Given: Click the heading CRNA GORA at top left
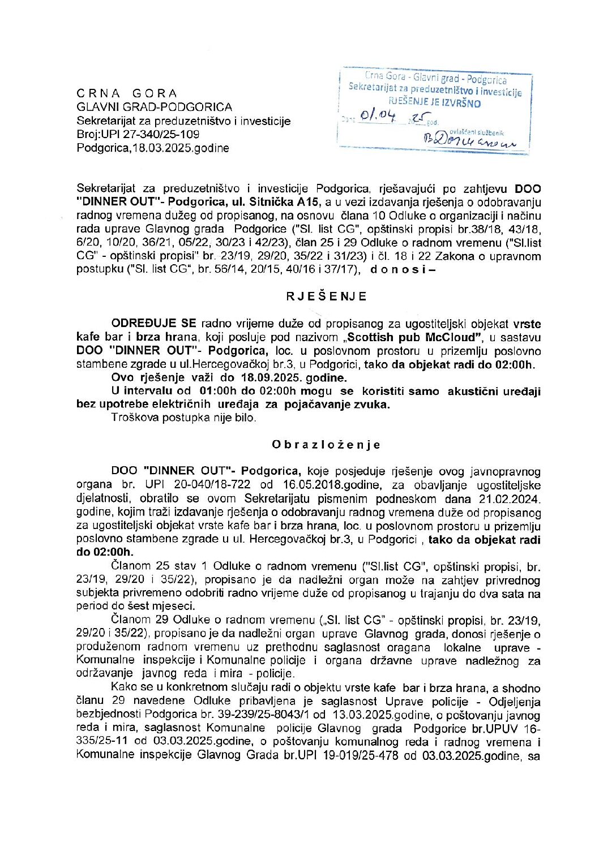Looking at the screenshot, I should pos(127,93).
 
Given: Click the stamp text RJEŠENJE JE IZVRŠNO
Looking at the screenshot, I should pos(435,103).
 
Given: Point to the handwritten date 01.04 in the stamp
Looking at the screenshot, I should pos(380,118).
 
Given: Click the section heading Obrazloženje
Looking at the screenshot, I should pos(326,445).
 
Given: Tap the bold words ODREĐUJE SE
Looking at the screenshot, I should pos(153,324).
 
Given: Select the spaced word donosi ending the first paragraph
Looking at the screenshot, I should pos(402,270).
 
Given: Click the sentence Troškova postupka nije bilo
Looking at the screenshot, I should pos(183,418).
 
